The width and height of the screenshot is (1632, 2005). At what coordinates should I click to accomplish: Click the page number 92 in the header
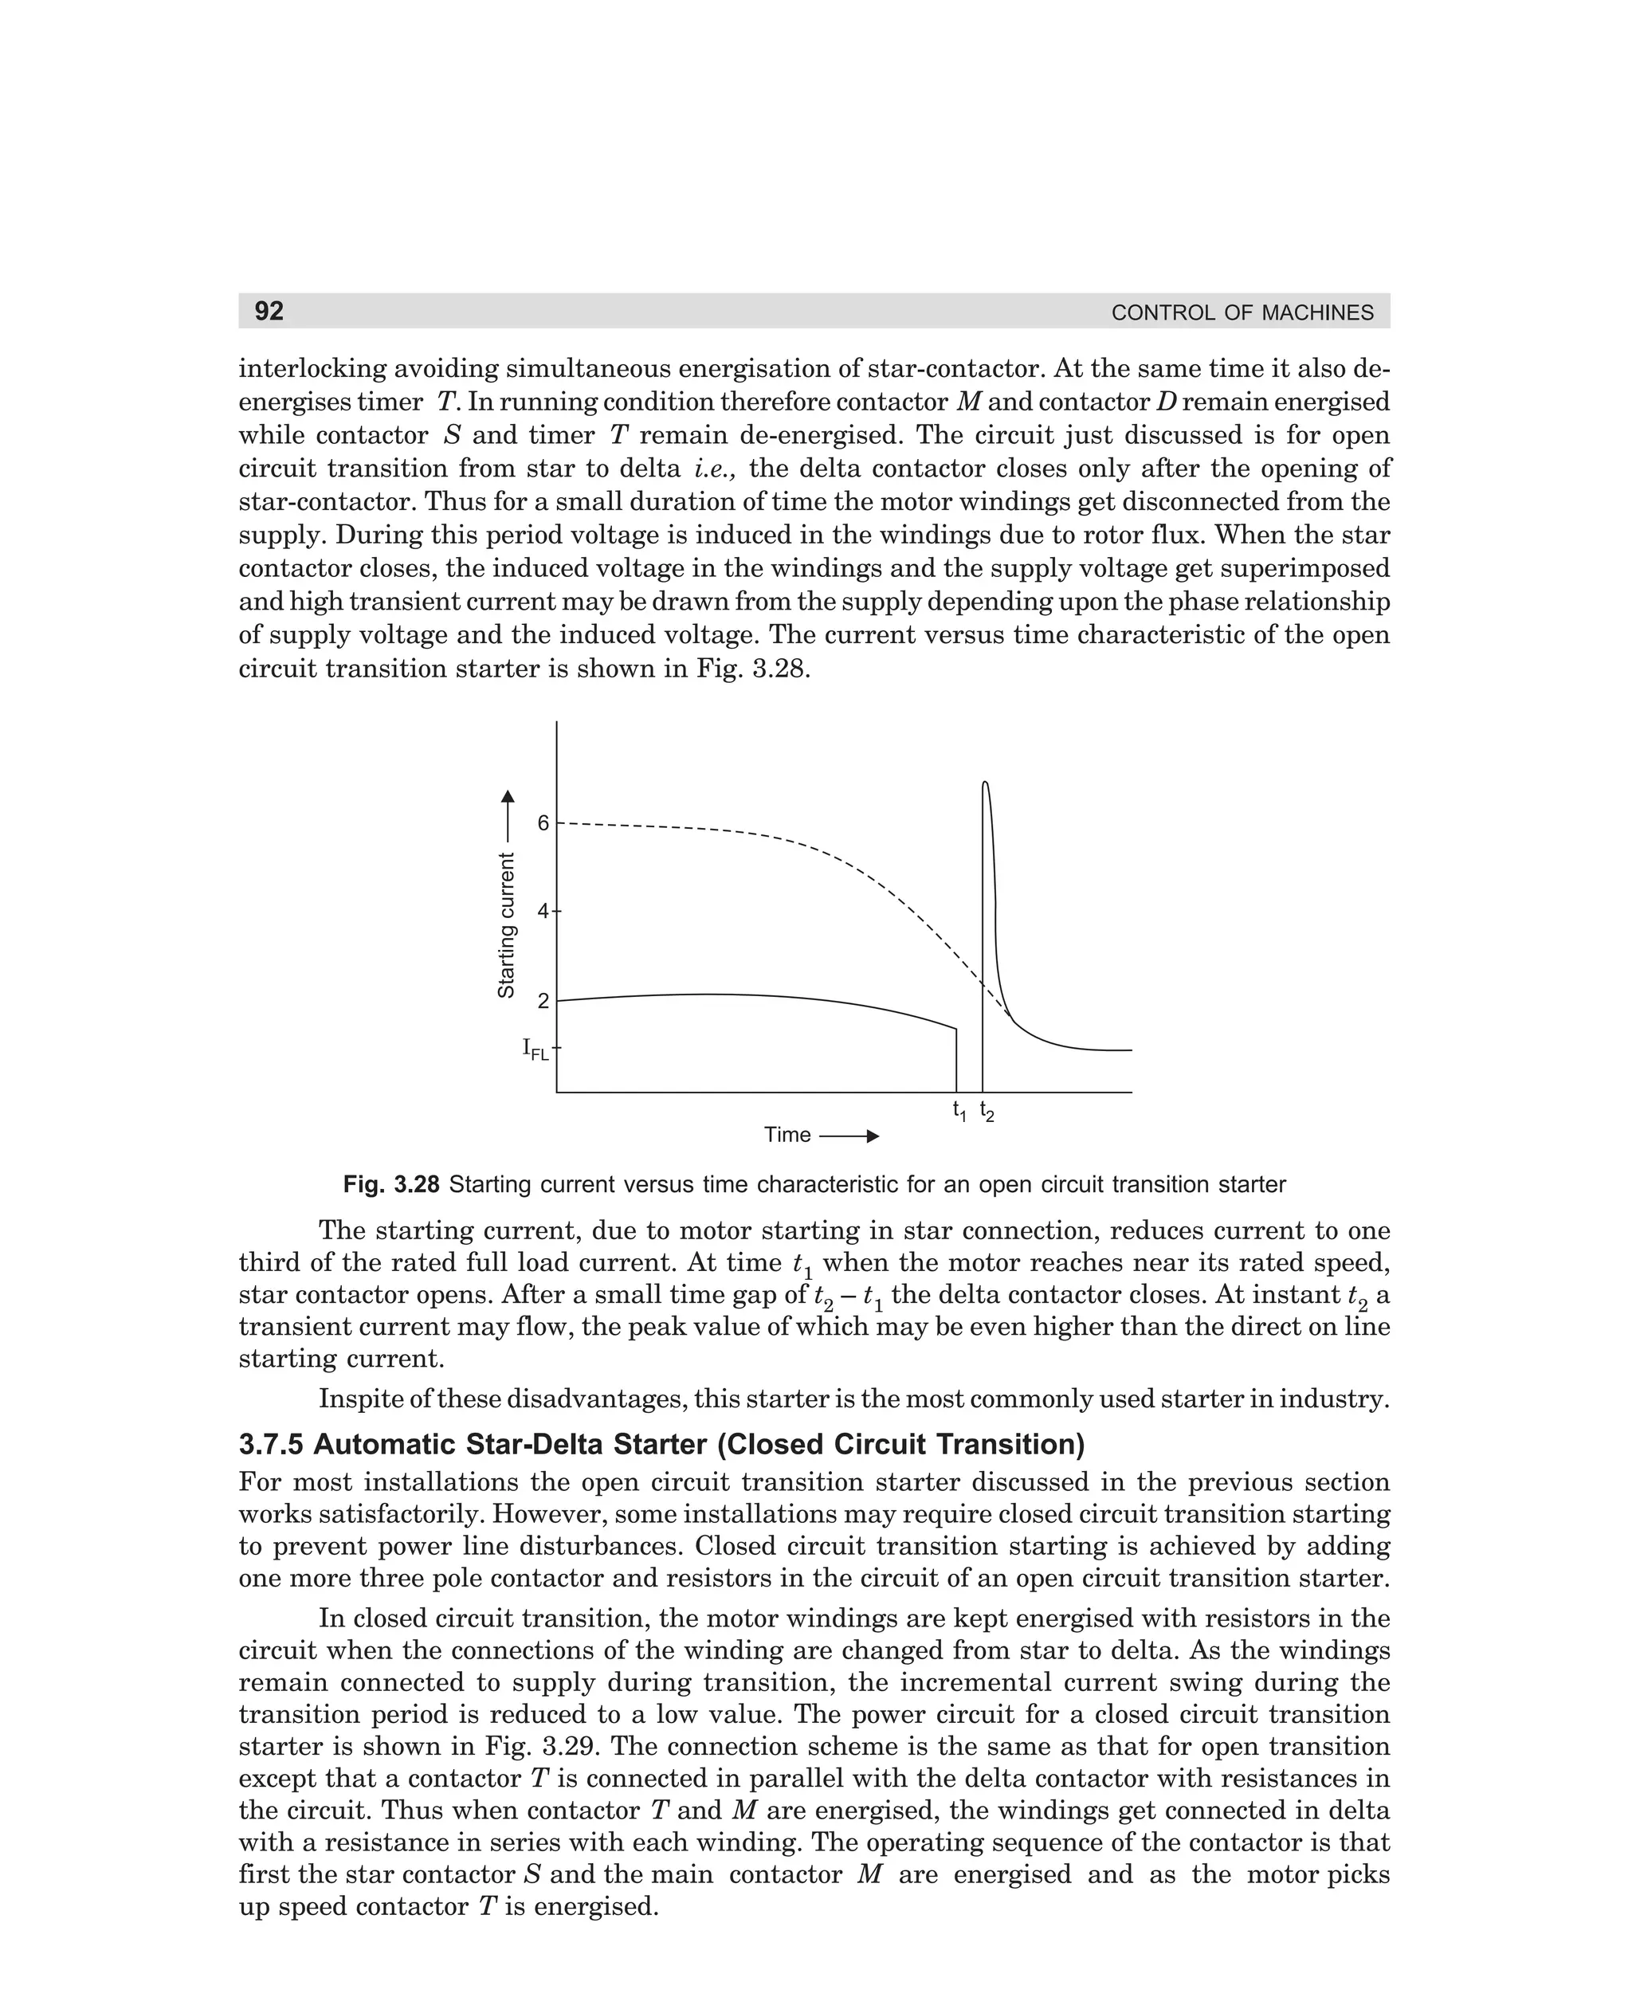point(269,311)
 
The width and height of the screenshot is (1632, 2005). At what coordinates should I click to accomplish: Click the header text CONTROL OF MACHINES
point(1241,313)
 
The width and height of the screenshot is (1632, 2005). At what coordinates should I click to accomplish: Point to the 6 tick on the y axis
point(543,823)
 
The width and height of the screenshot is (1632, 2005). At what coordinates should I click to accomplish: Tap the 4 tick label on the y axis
point(543,911)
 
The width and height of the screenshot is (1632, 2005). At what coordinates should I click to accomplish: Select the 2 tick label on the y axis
point(543,1001)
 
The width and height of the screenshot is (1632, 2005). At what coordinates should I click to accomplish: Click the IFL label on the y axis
point(535,1048)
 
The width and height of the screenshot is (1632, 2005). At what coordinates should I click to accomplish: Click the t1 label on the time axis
point(959,1110)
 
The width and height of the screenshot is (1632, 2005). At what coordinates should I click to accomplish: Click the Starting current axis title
point(507,925)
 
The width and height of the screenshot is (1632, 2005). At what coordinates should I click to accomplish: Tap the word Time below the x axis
point(787,1135)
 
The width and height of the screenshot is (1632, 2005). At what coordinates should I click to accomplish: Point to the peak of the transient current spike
point(984,783)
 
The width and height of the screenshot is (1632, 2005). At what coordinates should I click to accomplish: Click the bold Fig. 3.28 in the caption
point(391,1184)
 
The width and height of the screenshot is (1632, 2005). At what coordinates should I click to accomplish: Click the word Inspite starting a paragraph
point(360,1399)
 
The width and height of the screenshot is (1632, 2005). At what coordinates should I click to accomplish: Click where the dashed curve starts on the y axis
point(559,823)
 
